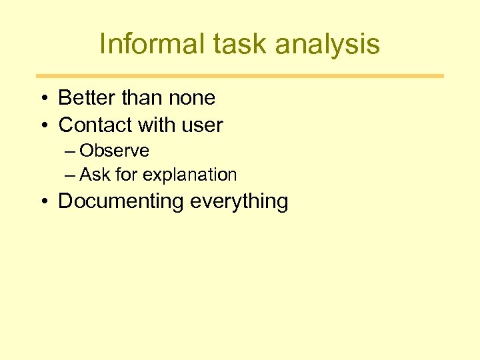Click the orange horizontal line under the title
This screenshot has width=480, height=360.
click(x=240, y=76)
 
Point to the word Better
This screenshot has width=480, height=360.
click(x=86, y=98)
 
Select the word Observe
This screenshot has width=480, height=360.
click(x=114, y=151)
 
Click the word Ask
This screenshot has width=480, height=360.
click(x=95, y=175)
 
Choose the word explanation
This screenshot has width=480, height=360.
click(x=190, y=175)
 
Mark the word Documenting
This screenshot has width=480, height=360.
click(x=121, y=201)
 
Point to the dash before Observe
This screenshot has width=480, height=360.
click(x=71, y=151)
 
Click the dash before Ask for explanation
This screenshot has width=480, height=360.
click(x=71, y=175)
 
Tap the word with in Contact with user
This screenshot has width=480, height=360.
click(x=155, y=125)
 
